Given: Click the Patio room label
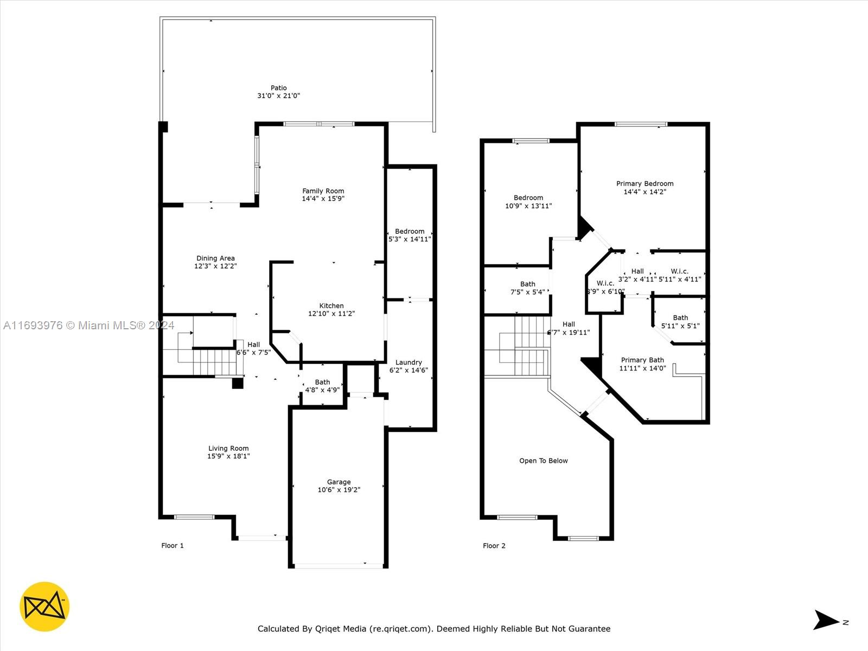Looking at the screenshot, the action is click(279, 88).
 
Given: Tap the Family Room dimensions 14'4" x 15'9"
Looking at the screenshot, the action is click(323, 199).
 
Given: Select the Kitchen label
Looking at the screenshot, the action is click(331, 305).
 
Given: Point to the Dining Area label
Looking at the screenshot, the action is click(215, 258).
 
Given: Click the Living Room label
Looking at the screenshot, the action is click(228, 448).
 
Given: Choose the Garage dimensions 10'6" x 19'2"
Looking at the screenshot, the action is click(339, 490).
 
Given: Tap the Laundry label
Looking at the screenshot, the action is click(409, 362).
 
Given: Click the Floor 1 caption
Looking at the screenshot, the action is click(173, 545).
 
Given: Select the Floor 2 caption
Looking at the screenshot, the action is click(494, 546).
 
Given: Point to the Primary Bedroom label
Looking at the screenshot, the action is click(644, 183).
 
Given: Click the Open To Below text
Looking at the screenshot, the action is click(544, 461).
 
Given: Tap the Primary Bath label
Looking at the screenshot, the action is click(642, 360).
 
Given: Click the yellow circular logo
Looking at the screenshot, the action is click(44, 607).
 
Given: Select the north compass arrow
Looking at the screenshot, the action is click(826, 620).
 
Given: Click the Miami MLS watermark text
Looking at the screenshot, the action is click(88, 325).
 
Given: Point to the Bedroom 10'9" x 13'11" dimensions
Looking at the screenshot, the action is click(528, 206).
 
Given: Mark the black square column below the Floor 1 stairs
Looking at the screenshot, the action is click(237, 384).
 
